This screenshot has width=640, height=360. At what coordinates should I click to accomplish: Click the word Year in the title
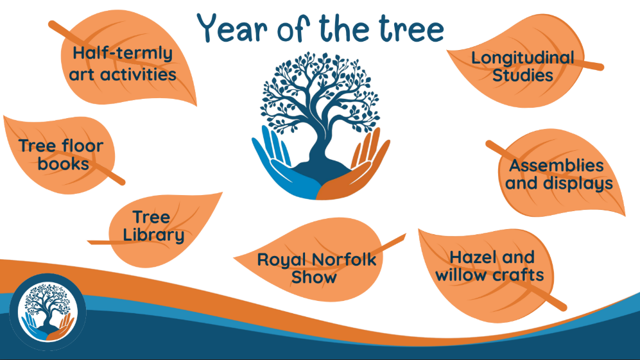232,28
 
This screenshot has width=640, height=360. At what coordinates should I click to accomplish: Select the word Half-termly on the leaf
123,54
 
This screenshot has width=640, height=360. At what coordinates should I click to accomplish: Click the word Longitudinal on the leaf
523,58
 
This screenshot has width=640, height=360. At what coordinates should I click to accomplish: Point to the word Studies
523,76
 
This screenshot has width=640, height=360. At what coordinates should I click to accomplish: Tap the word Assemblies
557,166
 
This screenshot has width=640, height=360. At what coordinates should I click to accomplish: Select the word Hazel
470,257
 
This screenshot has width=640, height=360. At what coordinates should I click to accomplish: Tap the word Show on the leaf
314,278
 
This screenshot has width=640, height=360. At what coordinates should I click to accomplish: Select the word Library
153,235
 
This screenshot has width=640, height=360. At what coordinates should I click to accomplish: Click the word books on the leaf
64,164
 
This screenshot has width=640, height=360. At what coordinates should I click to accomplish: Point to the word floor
82,146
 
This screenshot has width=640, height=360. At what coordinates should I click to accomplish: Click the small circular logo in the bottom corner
48,312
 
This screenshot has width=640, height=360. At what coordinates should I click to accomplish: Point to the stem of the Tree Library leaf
100,243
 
